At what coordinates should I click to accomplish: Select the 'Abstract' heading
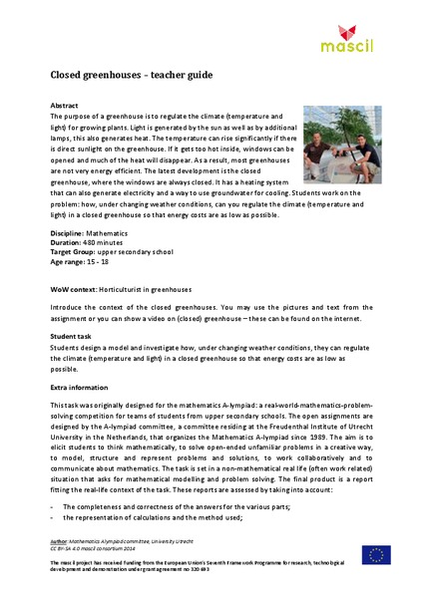click(63, 105)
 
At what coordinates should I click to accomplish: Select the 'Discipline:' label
click(68, 230)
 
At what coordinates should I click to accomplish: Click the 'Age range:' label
click(69, 259)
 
